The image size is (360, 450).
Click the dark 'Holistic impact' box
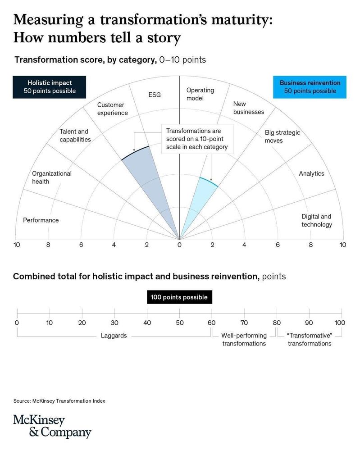tap(50, 87)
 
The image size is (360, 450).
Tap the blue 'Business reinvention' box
tap(310, 87)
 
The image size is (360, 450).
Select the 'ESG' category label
tap(154, 95)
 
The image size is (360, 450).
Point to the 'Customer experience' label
tap(113, 109)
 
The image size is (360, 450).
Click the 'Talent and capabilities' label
tap(75, 136)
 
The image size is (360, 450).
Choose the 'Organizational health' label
tap(52, 177)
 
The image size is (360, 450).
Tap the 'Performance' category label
tap(41, 220)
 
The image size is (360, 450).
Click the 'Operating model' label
tap(200, 94)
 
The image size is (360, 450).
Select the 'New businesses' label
tap(249, 108)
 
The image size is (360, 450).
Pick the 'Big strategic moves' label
tap(282, 136)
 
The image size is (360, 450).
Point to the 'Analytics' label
tap(311, 173)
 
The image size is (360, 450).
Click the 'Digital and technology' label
tap(317, 220)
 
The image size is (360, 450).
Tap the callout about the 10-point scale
tap(197, 139)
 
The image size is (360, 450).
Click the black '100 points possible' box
tap(179, 297)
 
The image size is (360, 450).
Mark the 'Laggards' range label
tap(114, 336)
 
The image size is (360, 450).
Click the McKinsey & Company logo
tap(52, 427)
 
